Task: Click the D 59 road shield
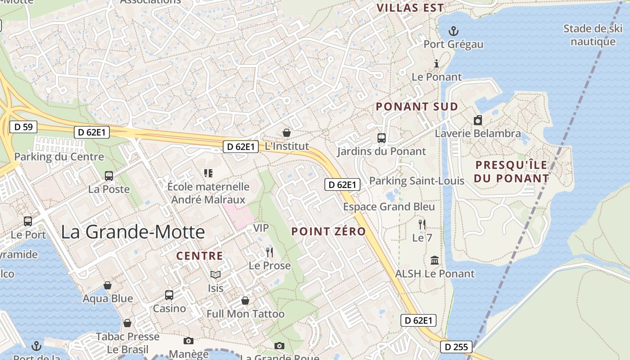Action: [23, 127]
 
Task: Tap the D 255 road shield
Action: [456, 347]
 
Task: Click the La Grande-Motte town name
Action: [133, 232]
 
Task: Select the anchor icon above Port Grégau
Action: [454, 31]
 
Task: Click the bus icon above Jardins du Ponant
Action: [381, 138]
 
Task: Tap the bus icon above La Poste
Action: [108, 176]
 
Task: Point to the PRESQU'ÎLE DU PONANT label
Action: [511, 171]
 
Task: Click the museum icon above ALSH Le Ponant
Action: [435, 260]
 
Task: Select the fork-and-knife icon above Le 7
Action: [422, 224]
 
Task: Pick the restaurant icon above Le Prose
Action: [270, 252]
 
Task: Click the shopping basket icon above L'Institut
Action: [286, 133]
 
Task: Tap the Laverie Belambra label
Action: [477, 134]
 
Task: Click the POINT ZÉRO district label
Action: [328, 231]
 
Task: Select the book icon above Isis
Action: [216, 274]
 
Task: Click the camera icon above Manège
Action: [189, 341]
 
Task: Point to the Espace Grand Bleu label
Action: [389, 207]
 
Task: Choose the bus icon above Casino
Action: [169, 295]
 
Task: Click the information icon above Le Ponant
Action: [436, 63]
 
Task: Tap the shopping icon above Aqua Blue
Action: [108, 285]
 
